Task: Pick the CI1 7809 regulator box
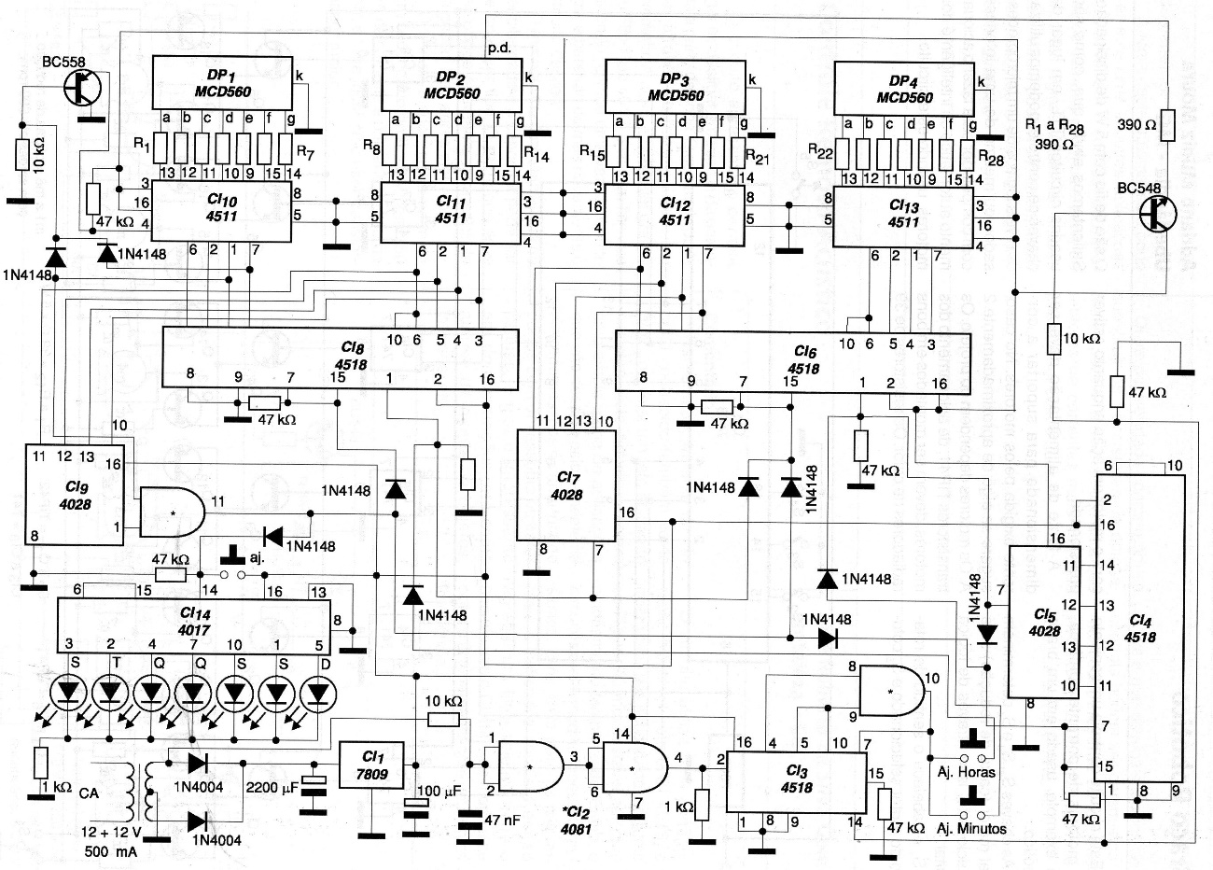click(x=370, y=767)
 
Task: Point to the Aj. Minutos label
click(x=969, y=827)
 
